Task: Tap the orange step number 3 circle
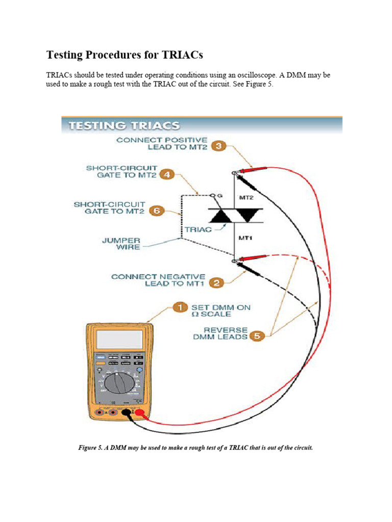pyautogui.click(x=218, y=146)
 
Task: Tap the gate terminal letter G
pyautogui.click(x=221, y=195)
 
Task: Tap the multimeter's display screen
pyautogui.click(x=119, y=340)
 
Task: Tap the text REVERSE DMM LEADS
pyautogui.click(x=226, y=333)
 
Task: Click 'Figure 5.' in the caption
pyautogui.click(x=90, y=448)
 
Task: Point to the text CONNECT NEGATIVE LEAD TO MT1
pyautogui.click(x=158, y=280)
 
